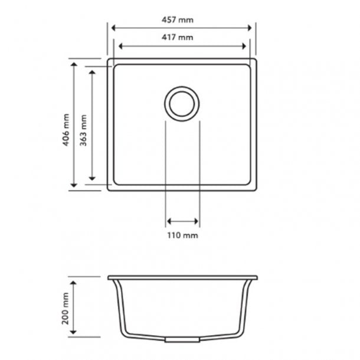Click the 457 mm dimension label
[181, 19]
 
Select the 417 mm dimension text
[181, 38]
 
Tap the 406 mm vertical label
[66, 130]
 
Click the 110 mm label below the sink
[183, 235]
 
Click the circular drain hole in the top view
[182, 104]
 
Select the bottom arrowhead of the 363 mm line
[93, 178]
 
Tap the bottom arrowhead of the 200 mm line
[74, 333]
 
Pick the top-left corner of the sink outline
[108, 59]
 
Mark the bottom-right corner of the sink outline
[257, 189]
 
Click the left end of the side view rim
[109, 277]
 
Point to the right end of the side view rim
[257, 277]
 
